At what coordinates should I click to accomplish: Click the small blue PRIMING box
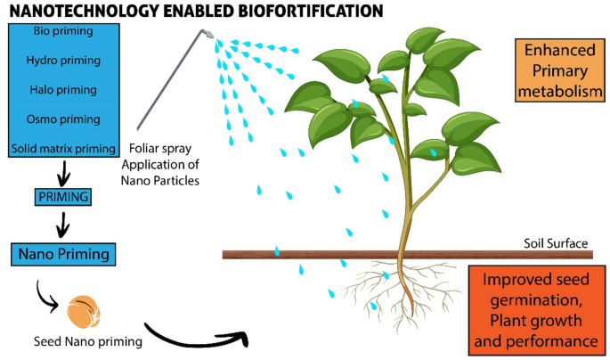coord(63,194)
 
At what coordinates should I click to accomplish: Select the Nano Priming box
coord(63,255)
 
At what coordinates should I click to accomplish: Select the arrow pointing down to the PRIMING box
coord(63,170)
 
